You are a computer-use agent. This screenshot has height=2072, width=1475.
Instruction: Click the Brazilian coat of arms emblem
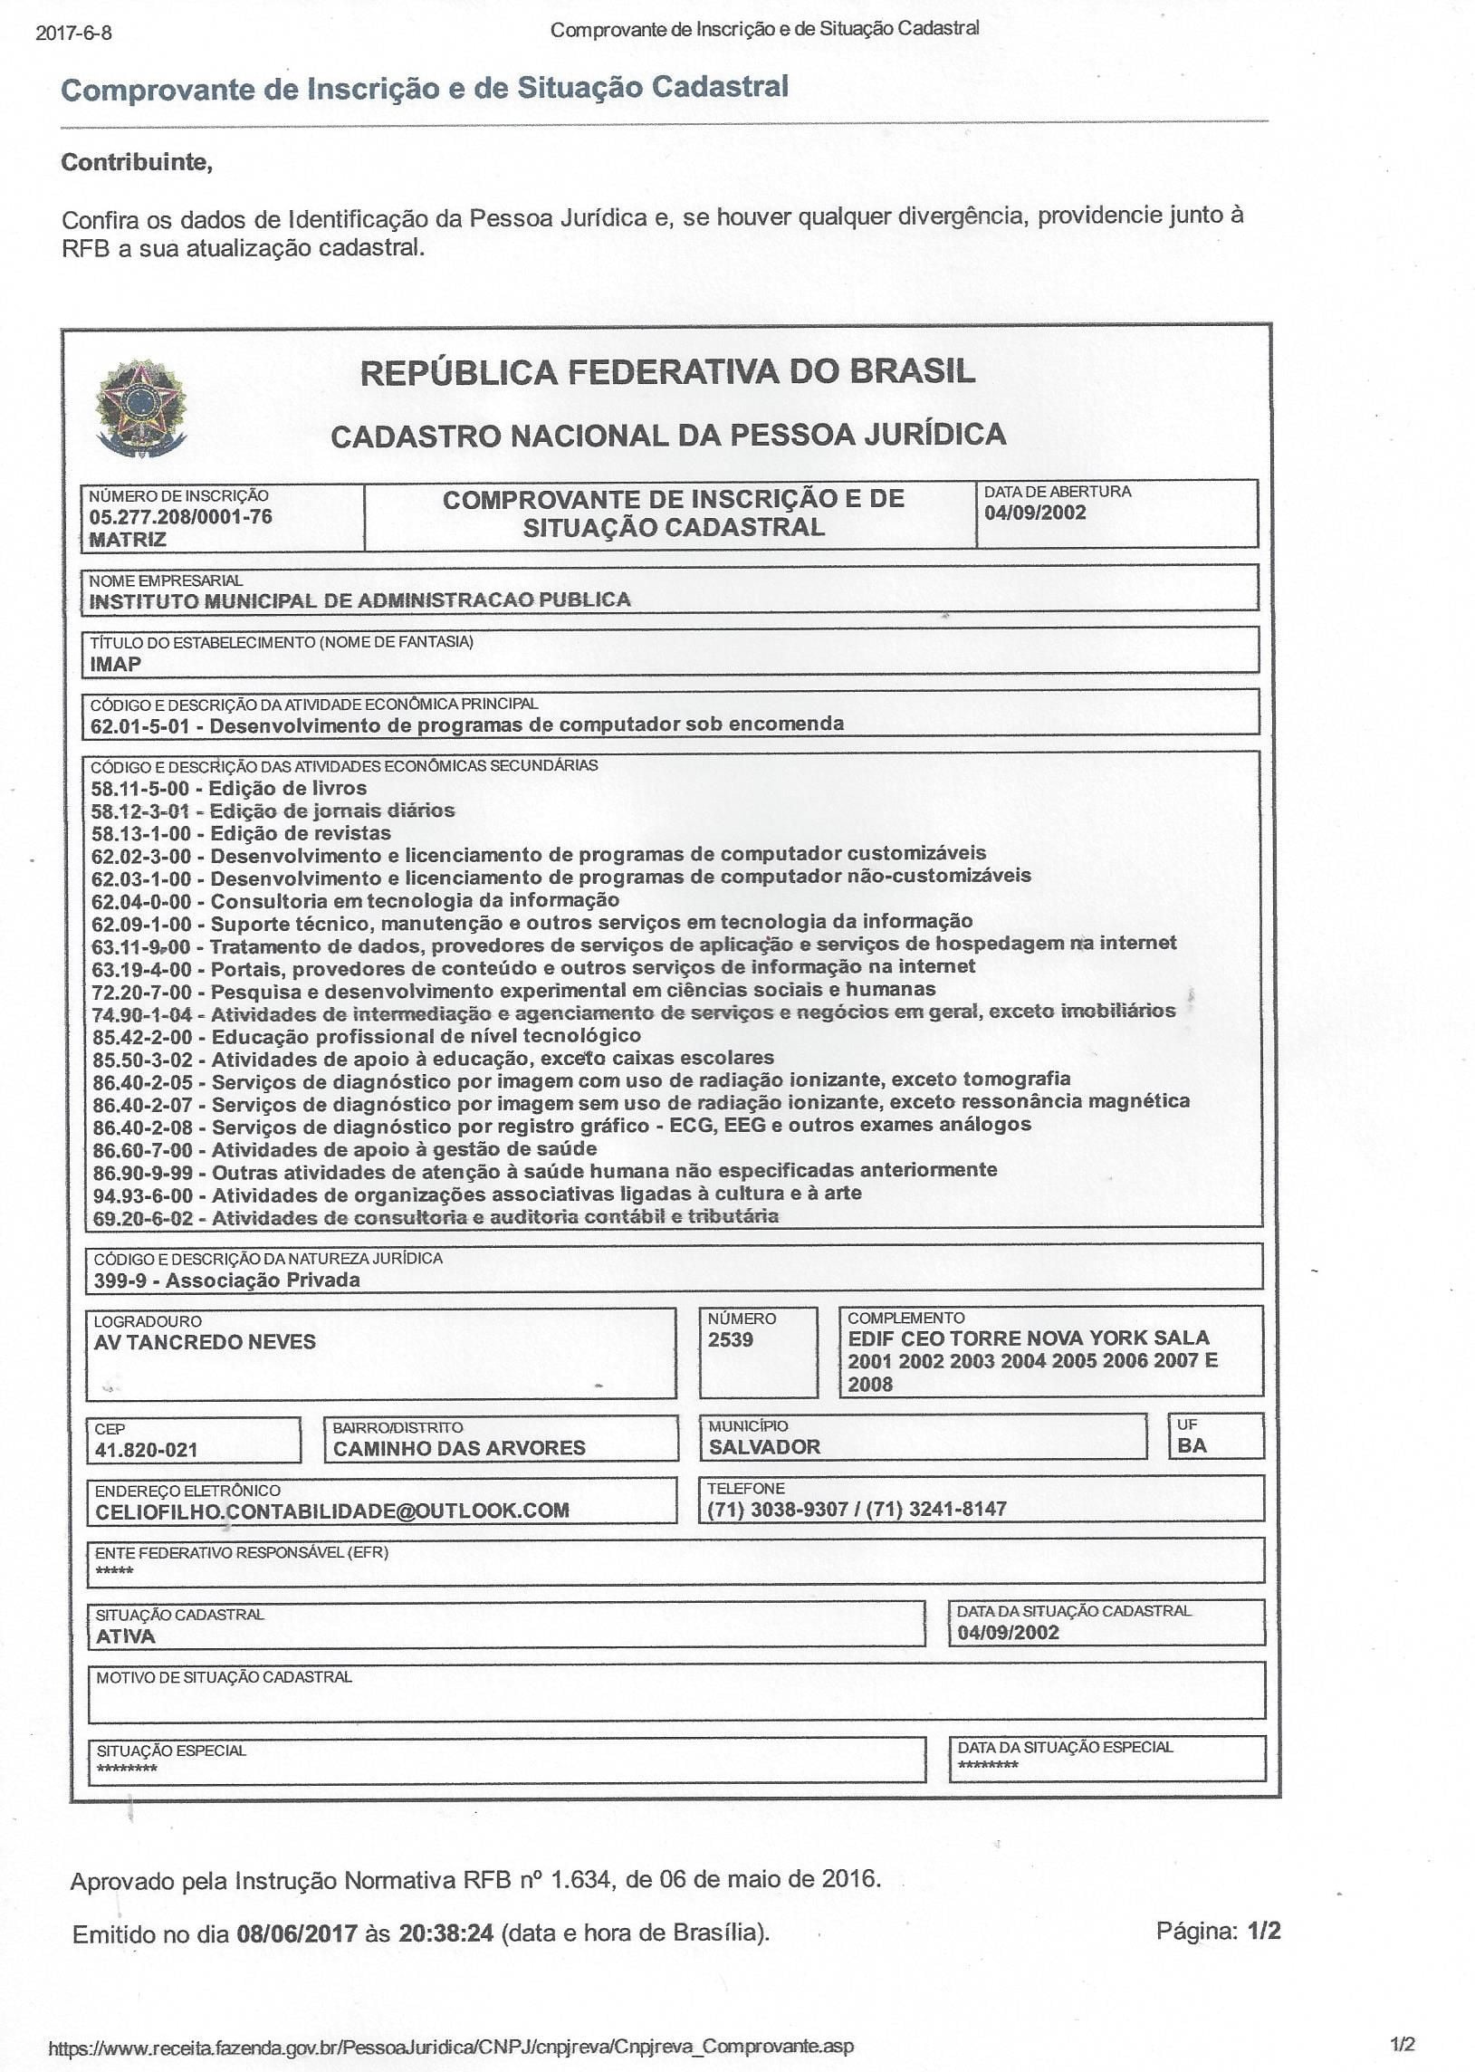pos(140,408)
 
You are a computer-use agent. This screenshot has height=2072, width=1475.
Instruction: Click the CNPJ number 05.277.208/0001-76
pos(180,517)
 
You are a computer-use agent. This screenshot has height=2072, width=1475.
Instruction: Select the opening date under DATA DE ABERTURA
pos(1035,513)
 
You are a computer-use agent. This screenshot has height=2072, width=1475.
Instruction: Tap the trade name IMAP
pos(115,664)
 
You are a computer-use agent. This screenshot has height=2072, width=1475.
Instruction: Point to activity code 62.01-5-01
pos(139,725)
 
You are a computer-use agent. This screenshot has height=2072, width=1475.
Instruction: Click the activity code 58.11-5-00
pos(139,789)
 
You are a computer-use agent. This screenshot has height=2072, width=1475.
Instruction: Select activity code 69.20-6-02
pos(142,1218)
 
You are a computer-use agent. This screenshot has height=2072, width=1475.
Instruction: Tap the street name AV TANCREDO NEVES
pos(205,1343)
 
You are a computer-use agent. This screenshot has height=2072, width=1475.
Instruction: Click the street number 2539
pos(730,1340)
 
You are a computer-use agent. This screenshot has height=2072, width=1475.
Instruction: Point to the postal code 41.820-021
pos(146,1450)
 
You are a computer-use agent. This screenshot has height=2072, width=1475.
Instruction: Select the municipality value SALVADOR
pos(764,1447)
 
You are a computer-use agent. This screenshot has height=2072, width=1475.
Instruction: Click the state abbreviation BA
pos(1192,1446)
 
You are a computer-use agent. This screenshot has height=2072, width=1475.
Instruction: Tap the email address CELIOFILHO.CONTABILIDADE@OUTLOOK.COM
pos(331,1511)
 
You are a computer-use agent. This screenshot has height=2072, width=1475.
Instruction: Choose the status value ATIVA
pos(125,1637)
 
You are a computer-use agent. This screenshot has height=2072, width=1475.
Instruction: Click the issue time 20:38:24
pos(446,1933)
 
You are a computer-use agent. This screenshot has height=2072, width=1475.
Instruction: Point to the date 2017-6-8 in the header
pos(73,34)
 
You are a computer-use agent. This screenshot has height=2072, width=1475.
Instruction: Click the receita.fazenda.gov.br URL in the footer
pos(451,2047)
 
